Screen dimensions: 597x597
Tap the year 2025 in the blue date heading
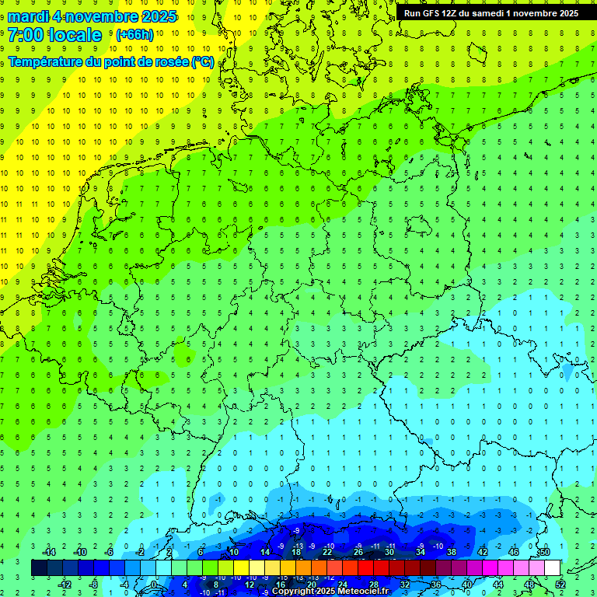pos(155,16)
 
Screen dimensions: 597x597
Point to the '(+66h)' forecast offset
pos(134,35)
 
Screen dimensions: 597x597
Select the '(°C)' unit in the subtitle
pos(202,61)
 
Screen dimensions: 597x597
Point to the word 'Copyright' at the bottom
pos(294,592)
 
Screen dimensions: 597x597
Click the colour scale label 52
pos(560,584)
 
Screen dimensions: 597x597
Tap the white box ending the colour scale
pos(553,568)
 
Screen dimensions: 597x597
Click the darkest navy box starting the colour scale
pos(39,568)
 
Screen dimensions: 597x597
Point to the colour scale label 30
pos(389,552)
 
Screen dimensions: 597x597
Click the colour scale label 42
pos(482,552)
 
